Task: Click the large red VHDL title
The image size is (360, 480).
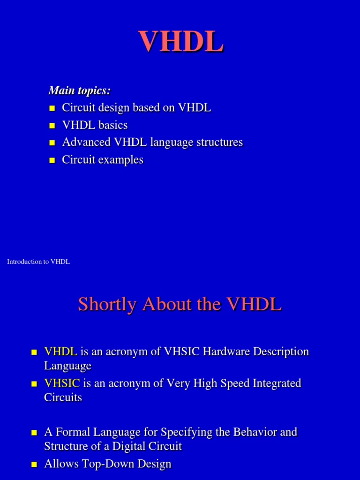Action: [180, 42]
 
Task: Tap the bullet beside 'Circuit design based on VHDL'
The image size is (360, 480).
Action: [52, 109]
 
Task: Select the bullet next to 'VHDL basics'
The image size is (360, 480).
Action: [52, 126]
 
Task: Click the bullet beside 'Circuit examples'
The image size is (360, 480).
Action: [52, 161]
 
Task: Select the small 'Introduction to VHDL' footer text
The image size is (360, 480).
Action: [38, 262]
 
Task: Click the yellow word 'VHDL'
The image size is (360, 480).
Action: [60, 352]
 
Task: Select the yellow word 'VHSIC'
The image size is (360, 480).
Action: [62, 383]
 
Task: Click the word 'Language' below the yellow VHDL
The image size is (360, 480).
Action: [67, 366]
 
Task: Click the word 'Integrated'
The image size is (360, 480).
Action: [277, 383]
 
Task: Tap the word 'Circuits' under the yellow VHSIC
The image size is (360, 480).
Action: [63, 397]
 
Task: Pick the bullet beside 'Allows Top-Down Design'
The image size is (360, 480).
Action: [34, 465]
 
